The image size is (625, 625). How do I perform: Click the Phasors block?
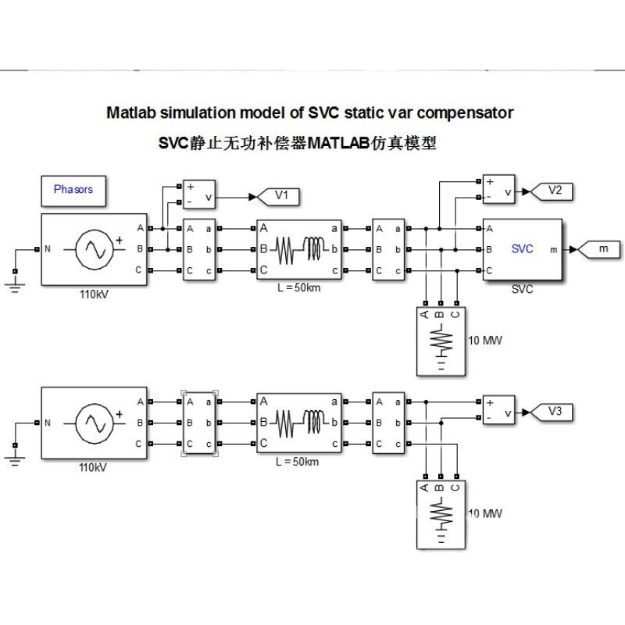point(73,191)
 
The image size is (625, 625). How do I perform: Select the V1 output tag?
point(279,197)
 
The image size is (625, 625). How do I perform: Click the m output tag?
point(599,249)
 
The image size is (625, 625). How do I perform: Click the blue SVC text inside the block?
point(522,249)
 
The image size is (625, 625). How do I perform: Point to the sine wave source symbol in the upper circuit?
point(95,249)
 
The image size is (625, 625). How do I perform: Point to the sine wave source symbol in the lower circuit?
point(95,423)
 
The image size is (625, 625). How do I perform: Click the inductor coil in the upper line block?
point(314,248)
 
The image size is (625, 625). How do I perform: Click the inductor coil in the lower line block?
point(314,422)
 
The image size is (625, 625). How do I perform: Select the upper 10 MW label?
point(485,341)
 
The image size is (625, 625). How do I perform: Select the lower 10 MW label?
point(485,513)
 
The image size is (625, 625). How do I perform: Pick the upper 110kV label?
point(94,295)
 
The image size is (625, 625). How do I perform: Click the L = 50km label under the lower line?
point(298,462)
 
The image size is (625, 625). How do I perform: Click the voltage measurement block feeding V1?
point(199,195)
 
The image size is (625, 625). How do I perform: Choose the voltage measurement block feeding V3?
point(498,409)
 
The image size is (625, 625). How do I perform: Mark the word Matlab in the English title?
point(131,112)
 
